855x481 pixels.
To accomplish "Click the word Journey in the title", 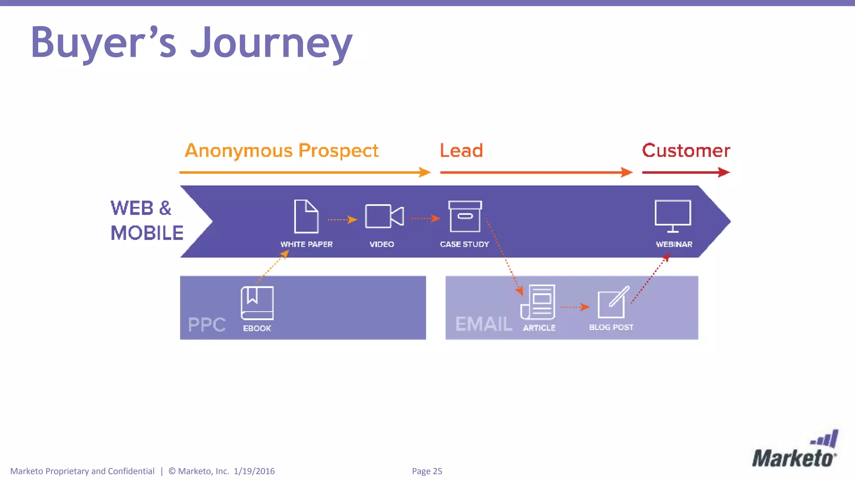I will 271,43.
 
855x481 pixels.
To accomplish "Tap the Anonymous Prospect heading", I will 281,150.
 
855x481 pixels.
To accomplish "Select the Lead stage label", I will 461,150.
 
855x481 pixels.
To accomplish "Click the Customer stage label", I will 686,150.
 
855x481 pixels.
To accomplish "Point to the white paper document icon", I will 306,216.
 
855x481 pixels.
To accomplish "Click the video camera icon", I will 384,216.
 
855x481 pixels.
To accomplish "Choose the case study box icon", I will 465,216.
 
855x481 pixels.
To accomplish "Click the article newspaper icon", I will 538,302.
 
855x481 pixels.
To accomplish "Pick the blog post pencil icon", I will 612,302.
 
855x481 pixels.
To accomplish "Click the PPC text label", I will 207,324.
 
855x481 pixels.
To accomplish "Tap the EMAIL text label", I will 483,324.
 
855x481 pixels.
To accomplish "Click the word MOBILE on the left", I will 147,233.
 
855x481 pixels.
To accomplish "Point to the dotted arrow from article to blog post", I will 574,307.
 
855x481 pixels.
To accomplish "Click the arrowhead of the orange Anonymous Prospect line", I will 425,172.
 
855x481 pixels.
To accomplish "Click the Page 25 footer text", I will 427,471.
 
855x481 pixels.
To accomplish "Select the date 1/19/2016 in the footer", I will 254,471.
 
